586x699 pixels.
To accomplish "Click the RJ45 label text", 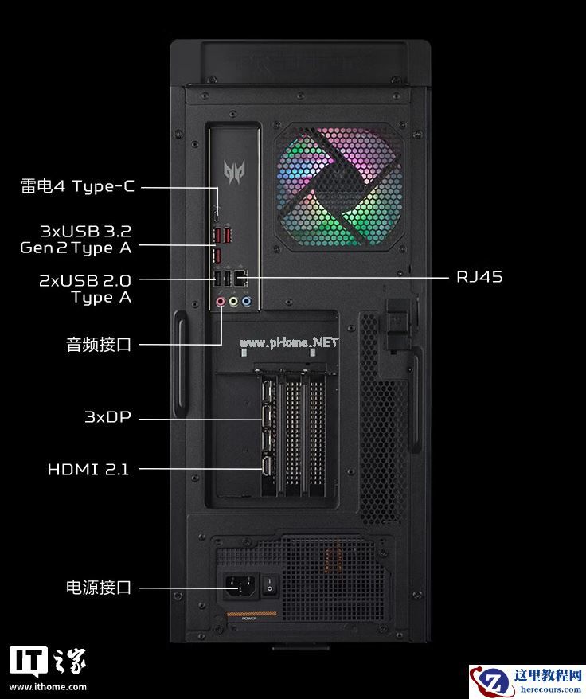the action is coord(479,277).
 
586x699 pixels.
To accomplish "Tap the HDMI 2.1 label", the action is coord(88,469).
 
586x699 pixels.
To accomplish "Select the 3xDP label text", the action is coord(108,417).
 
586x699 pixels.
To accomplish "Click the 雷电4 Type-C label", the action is coord(77,185).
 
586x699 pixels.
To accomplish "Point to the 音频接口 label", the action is coord(99,345).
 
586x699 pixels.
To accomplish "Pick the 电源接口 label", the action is coord(99,587).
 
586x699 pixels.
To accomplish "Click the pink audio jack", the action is coord(221,302).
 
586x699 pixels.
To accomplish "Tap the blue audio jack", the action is coord(246,302).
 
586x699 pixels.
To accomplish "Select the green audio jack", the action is coord(233,302).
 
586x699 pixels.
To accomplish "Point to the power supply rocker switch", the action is coord(269,585).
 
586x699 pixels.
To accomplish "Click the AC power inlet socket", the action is coord(240,585).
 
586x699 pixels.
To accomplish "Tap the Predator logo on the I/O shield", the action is coord(234,172).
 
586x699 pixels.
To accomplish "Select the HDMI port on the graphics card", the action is coord(268,467).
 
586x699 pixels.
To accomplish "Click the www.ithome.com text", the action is coord(48,687).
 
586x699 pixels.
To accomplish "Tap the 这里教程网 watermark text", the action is coord(548,675).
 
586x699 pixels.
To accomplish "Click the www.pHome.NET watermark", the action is coord(289,342).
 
